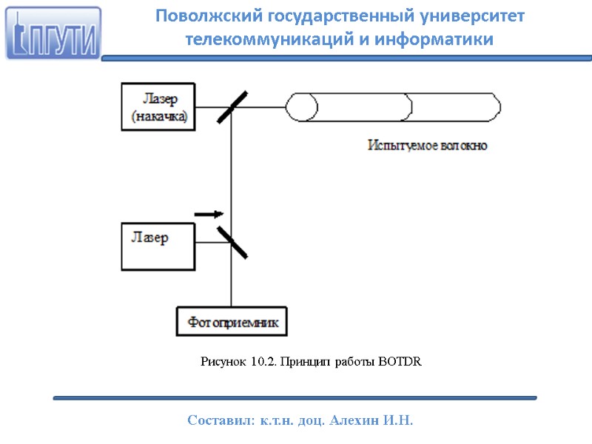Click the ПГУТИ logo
coord(53,33)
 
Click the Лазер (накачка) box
coord(158,107)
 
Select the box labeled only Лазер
coord(158,246)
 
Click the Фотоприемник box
coord(232,322)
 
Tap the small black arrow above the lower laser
coord(208,214)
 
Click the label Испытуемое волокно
coord(428,146)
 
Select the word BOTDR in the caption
coord(400,361)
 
